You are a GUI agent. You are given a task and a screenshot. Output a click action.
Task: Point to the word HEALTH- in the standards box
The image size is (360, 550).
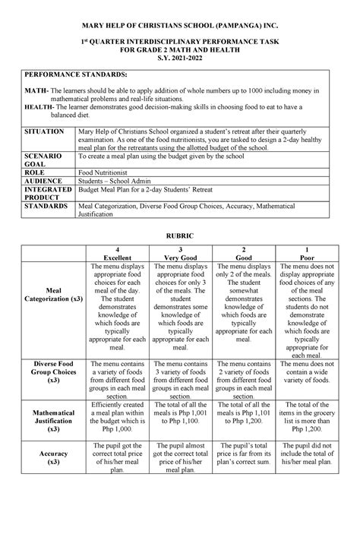point(39,108)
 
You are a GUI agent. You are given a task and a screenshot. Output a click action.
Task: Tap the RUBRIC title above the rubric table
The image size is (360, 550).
point(180,237)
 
